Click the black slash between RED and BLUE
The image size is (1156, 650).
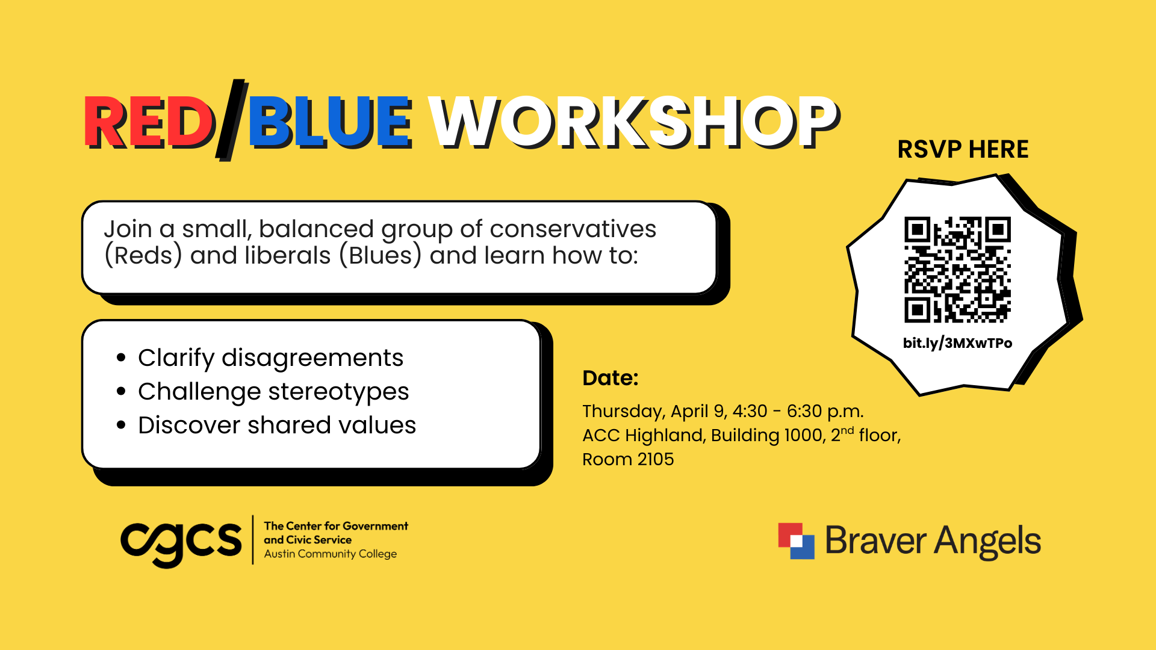[x=232, y=120]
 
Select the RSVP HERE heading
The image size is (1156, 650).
[x=963, y=149]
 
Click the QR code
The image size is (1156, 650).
[x=957, y=270]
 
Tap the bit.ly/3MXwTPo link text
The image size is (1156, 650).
[x=957, y=343]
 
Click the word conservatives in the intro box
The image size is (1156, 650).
[x=573, y=229]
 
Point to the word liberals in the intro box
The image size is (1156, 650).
[x=287, y=256]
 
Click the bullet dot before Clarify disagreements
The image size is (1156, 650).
[x=122, y=358]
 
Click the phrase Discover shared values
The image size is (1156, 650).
[x=277, y=426]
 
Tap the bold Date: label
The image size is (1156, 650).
[x=610, y=378]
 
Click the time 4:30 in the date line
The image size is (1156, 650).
[x=750, y=411]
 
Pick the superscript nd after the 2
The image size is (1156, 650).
[x=847, y=430]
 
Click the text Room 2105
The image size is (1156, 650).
[x=628, y=459]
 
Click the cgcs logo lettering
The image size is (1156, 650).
[x=181, y=540]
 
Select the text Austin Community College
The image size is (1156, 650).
[x=330, y=554]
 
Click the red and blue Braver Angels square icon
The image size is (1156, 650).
[x=796, y=540]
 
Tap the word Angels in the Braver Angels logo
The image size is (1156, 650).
[x=987, y=540]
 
